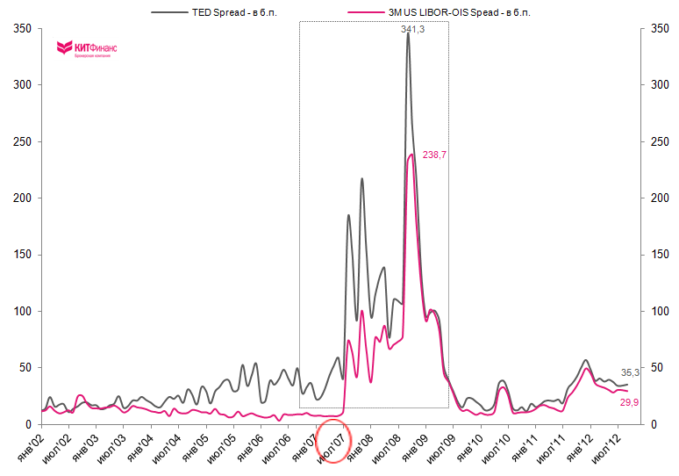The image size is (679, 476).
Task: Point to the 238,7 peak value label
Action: point(435,154)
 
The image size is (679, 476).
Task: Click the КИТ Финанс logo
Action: point(87,47)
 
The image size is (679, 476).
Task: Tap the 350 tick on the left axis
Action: point(24,28)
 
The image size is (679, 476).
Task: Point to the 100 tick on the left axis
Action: point(24,311)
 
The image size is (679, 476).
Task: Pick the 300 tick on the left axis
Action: point(24,85)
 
